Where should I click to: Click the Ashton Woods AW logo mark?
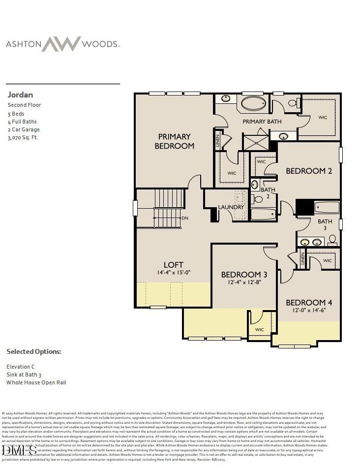[x=61, y=44]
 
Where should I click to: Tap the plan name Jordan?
[x=20, y=94]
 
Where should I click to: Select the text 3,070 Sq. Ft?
[x=23, y=138]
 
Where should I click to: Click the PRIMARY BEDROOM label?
[x=174, y=141]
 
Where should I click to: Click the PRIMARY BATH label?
[x=262, y=122]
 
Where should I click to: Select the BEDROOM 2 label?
[x=309, y=171]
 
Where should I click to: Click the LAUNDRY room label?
[x=231, y=207]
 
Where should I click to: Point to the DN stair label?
[x=185, y=218]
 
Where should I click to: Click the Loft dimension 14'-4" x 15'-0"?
[x=174, y=273]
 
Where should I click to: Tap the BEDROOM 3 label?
[x=244, y=275]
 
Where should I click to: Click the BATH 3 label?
[x=325, y=224]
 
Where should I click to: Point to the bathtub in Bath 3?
[x=326, y=207]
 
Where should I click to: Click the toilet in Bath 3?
[x=332, y=240]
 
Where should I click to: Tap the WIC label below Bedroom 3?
[x=260, y=330]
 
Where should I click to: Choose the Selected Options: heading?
[x=34, y=352]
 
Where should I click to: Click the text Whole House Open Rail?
[x=36, y=382]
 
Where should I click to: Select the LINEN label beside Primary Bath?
[x=217, y=141]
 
